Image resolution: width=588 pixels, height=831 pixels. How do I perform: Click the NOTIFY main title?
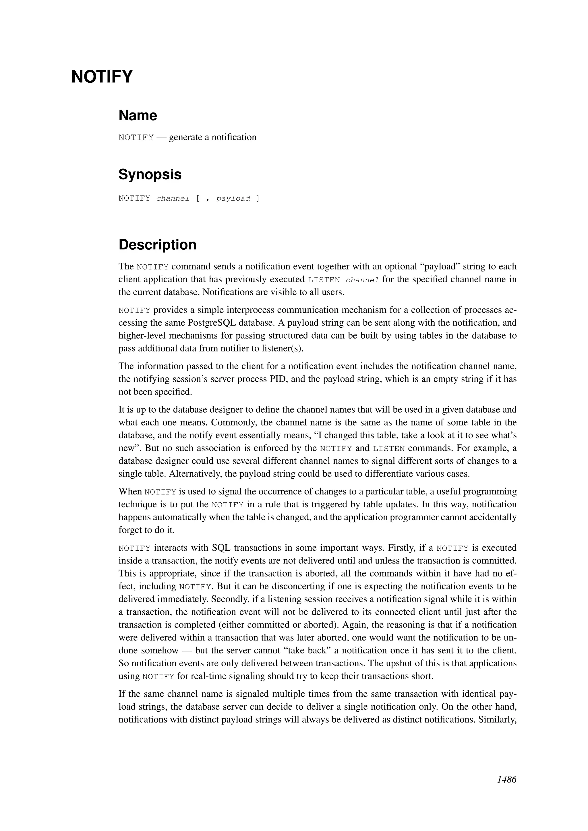102,77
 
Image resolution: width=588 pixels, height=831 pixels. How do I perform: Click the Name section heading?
138,115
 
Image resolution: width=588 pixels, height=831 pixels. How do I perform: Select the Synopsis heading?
150,174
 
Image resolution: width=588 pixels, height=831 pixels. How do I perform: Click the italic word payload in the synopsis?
233,198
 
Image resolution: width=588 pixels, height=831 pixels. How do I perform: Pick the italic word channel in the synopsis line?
173,198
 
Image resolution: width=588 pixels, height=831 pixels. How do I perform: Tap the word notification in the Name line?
234,137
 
